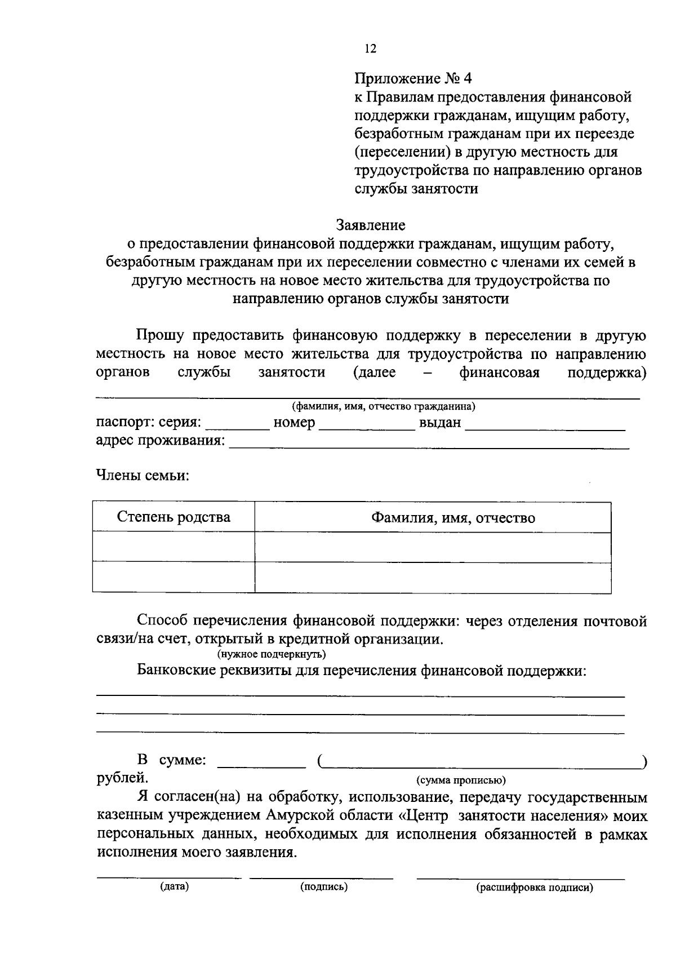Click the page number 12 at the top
[370, 49]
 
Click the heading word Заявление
[371, 225]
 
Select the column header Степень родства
[174, 517]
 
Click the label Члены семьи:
[143, 476]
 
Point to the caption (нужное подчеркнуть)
[271, 654]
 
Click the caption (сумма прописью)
[461, 780]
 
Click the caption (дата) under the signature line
[174, 887]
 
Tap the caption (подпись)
[324, 887]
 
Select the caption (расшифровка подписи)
[535, 888]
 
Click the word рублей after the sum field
[122, 778]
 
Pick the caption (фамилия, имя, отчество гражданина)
[383, 406]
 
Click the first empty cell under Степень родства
[174, 547]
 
